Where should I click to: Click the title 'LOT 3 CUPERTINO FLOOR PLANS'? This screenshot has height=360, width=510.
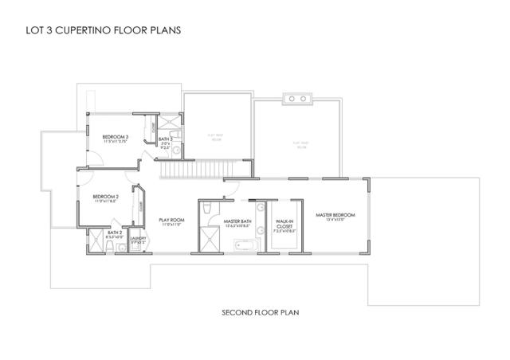(99, 32)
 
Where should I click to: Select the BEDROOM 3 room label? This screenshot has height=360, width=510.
(116, 139)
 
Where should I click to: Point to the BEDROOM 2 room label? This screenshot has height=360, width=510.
(106, 198)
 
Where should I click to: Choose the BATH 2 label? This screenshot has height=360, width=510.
(114, 233)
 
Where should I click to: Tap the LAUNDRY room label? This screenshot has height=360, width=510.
(136, 237)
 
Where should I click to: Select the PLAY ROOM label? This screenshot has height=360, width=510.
(171, 221)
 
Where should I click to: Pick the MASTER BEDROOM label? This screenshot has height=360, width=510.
(335, 215)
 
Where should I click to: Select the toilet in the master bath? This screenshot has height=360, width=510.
(206, 209)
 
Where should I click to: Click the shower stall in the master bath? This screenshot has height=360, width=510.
(210, 240)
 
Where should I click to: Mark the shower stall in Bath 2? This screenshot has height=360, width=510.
(98, 245)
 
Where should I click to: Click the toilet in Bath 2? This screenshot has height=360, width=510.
(120, 247)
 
